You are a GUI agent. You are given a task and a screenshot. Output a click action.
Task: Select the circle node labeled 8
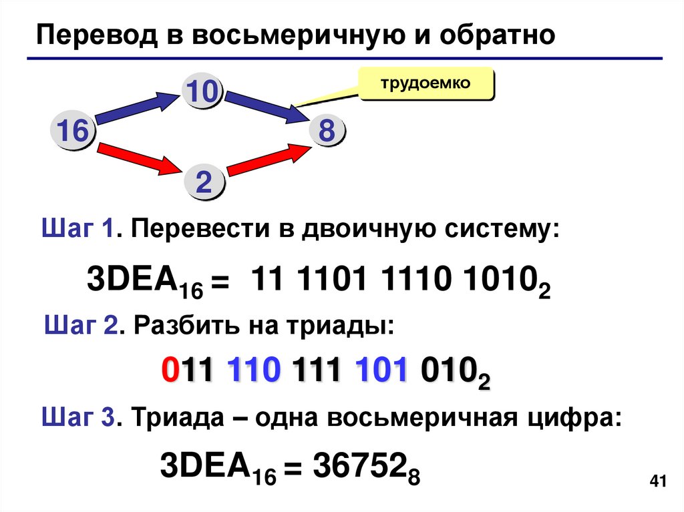(x=326, y=131)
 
